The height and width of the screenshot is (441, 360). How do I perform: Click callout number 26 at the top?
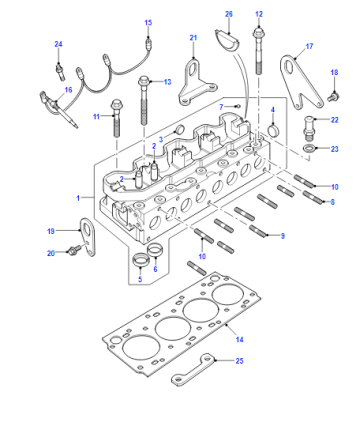pyautogui.click(x=229, y=14)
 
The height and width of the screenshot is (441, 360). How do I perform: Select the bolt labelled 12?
pyautogui.click(x=258, y=51)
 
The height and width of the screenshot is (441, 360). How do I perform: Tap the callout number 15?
pyautogui.click(x=148, y=23)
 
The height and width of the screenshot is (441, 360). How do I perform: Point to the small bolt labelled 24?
pyautogui.click(x=60, y=71)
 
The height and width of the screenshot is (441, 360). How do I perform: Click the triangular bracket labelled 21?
pyautogui.click(x=197, y=83)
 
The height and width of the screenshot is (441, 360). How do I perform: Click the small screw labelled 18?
pyautogui.click(x=333, y=97)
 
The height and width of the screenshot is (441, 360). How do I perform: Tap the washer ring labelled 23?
pyautogui.click(x=310, y=149)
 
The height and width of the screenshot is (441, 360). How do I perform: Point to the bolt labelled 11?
pyautogui.click(x=116, y=118)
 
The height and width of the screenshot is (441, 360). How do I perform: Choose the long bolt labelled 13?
pyautogui.click(x=144, y=100)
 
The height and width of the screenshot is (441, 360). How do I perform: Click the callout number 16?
pyautogui.click(x=68, y=90)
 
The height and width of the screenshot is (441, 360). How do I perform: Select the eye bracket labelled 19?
pyautogui.click(x=88, y=237)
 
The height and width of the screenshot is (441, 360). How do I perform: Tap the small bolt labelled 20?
pyautogui.click(x=74, y=250)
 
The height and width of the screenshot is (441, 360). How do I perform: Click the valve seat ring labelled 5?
pyautogui.click(x=140, y=260)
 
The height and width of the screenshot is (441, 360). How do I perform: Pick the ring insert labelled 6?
pyautogui.click(x=154, y=250)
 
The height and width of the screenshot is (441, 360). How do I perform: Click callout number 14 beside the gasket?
pyautogui.click(x=239, y=339)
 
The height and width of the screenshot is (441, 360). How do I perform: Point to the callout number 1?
pyautogui.click(x=78, y=198)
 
